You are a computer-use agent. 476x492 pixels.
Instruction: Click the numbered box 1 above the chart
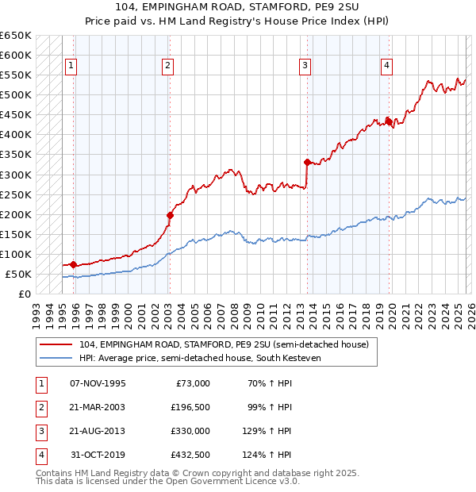point(72,66)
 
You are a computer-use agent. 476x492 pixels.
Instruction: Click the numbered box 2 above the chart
point(168,66)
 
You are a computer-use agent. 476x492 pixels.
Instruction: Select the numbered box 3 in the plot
point(305,66)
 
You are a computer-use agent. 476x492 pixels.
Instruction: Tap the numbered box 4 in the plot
point(386,66)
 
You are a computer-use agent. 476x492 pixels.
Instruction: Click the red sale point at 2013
point(306,162)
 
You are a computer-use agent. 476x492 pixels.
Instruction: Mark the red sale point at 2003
point(170,215)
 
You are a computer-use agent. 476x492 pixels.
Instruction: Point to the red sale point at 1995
point(74,264)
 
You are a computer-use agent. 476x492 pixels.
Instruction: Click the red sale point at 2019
point(388,121)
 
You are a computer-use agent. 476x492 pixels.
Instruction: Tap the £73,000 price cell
point(193,382)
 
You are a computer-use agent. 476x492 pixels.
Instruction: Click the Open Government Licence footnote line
point(167,481)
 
